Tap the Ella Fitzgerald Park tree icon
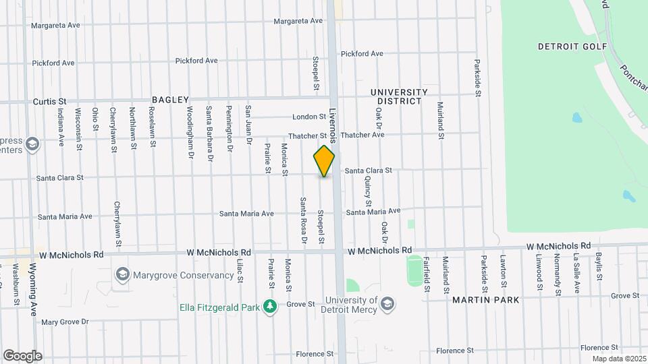click(270, 307)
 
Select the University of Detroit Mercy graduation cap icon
click(387, 305)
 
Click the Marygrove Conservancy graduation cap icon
click(122, 274)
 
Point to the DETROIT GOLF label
click(572, 47)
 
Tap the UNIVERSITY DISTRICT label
click(399, 96)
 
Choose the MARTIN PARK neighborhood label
click(486, 299)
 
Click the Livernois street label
click(333, 125)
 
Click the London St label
click(309, 117)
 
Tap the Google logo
click(22, 355)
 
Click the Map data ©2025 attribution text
click(618, 359)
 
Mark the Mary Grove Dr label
click(65, 322)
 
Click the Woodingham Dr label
click(190, 123)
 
